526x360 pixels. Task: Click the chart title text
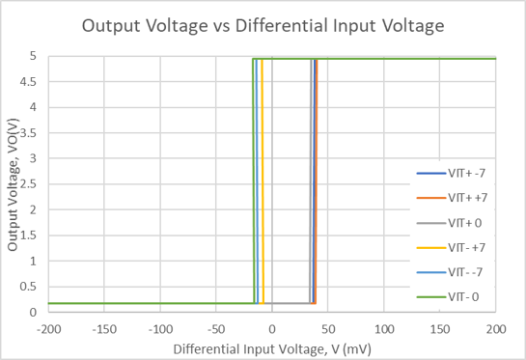pos(263,25)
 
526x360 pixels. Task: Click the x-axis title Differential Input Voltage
pos(271,346)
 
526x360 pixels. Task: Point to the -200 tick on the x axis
pos(48,329)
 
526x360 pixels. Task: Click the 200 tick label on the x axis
pos(495,329)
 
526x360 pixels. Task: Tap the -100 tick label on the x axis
pos(160,329)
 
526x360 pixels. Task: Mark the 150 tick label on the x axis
pos(439,329)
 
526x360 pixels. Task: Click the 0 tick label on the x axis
pos(272,329)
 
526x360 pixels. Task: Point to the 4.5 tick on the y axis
pos(32,82)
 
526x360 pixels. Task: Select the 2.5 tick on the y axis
pos(32,184)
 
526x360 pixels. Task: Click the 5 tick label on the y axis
pos(37,57)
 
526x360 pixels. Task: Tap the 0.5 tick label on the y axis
pos(32,287)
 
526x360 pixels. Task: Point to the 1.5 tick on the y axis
pos(32,235)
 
